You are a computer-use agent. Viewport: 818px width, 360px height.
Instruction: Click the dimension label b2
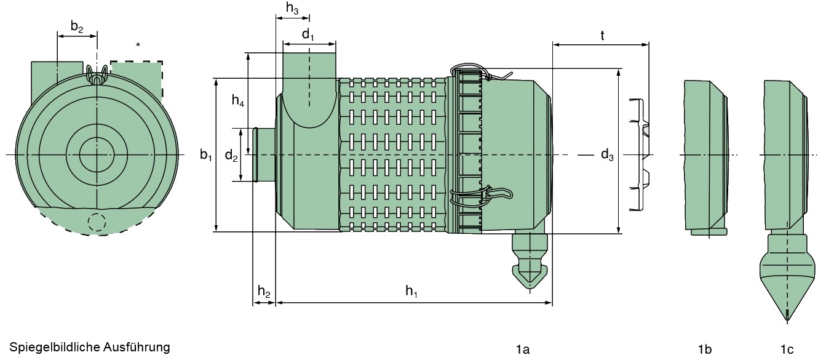77,26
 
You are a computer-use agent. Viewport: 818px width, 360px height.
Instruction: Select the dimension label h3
293,8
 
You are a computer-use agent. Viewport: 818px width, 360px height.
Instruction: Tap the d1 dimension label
308,34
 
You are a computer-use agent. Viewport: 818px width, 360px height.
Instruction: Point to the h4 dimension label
238,101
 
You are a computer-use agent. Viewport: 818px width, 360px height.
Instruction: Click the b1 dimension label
206,155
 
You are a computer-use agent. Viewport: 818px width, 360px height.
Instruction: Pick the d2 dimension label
231,155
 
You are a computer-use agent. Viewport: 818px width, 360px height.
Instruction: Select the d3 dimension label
607,155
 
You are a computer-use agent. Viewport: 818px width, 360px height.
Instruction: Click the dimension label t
602,36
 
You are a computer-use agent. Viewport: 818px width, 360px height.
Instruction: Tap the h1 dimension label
411,292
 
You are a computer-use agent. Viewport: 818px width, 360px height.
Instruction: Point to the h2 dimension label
264,292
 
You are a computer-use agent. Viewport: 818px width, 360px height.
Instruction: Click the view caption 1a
522,350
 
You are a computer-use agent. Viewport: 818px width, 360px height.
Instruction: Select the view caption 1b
705,350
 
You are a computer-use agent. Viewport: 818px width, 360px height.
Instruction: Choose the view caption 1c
787,350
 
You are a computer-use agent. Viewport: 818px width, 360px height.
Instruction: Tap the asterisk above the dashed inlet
138,45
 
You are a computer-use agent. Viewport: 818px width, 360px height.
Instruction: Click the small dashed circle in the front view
97,222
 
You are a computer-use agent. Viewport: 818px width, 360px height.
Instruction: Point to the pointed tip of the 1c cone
788,318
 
